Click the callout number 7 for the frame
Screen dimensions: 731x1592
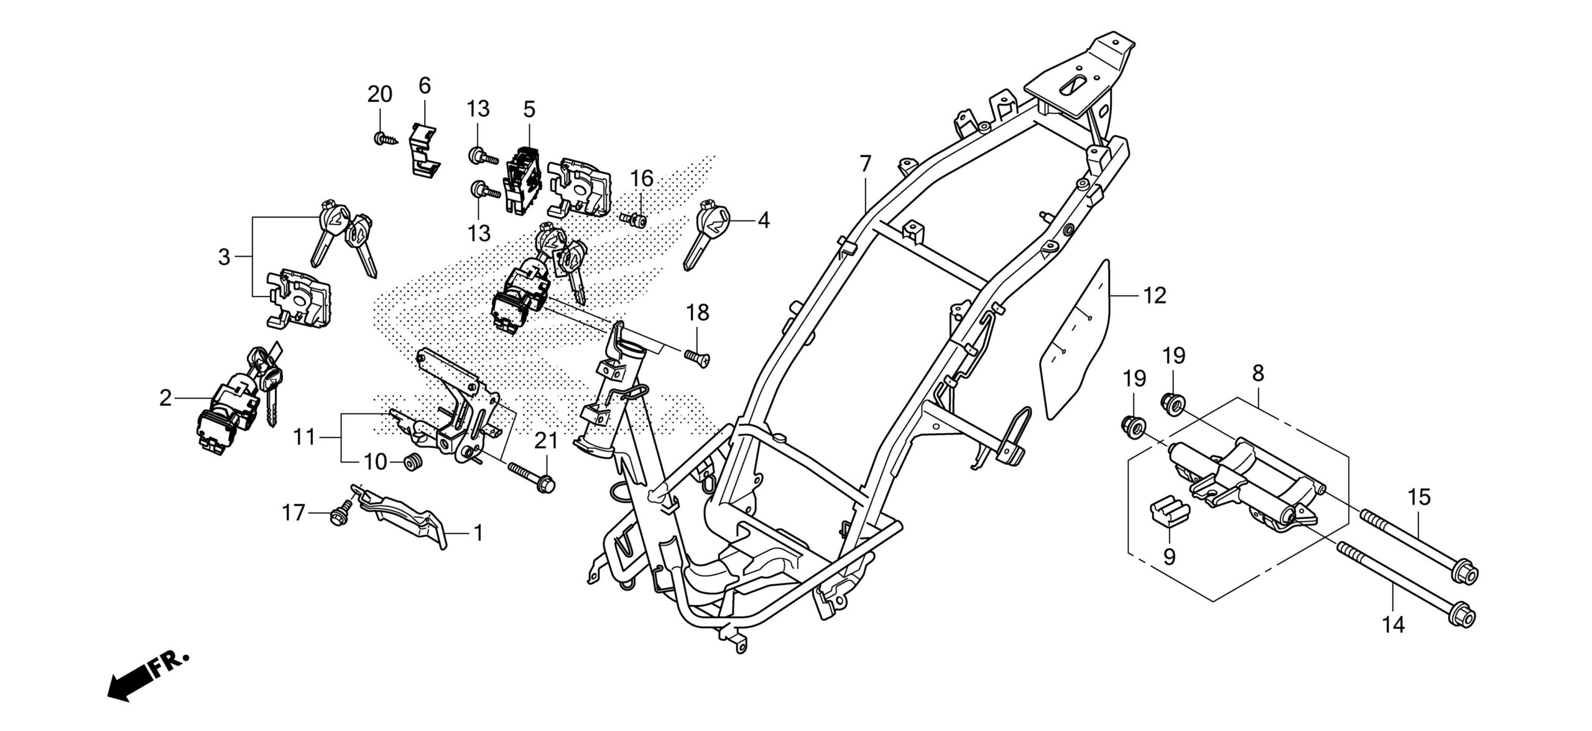[x=865, y=165]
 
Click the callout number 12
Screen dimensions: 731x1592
[x=1154, y=296]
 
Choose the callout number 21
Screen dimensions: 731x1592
[x=547, y=442]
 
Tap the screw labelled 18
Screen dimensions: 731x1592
[x=698, y=357]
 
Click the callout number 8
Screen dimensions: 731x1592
[x=1257, y=374]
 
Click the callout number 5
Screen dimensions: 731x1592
[x=529, y=110]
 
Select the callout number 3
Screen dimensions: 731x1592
[x=224, y=257]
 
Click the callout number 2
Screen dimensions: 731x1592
[x=165, y=398]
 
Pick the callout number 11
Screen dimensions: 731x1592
[x=305, y=438]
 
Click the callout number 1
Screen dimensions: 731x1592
[x=478, y=533]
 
